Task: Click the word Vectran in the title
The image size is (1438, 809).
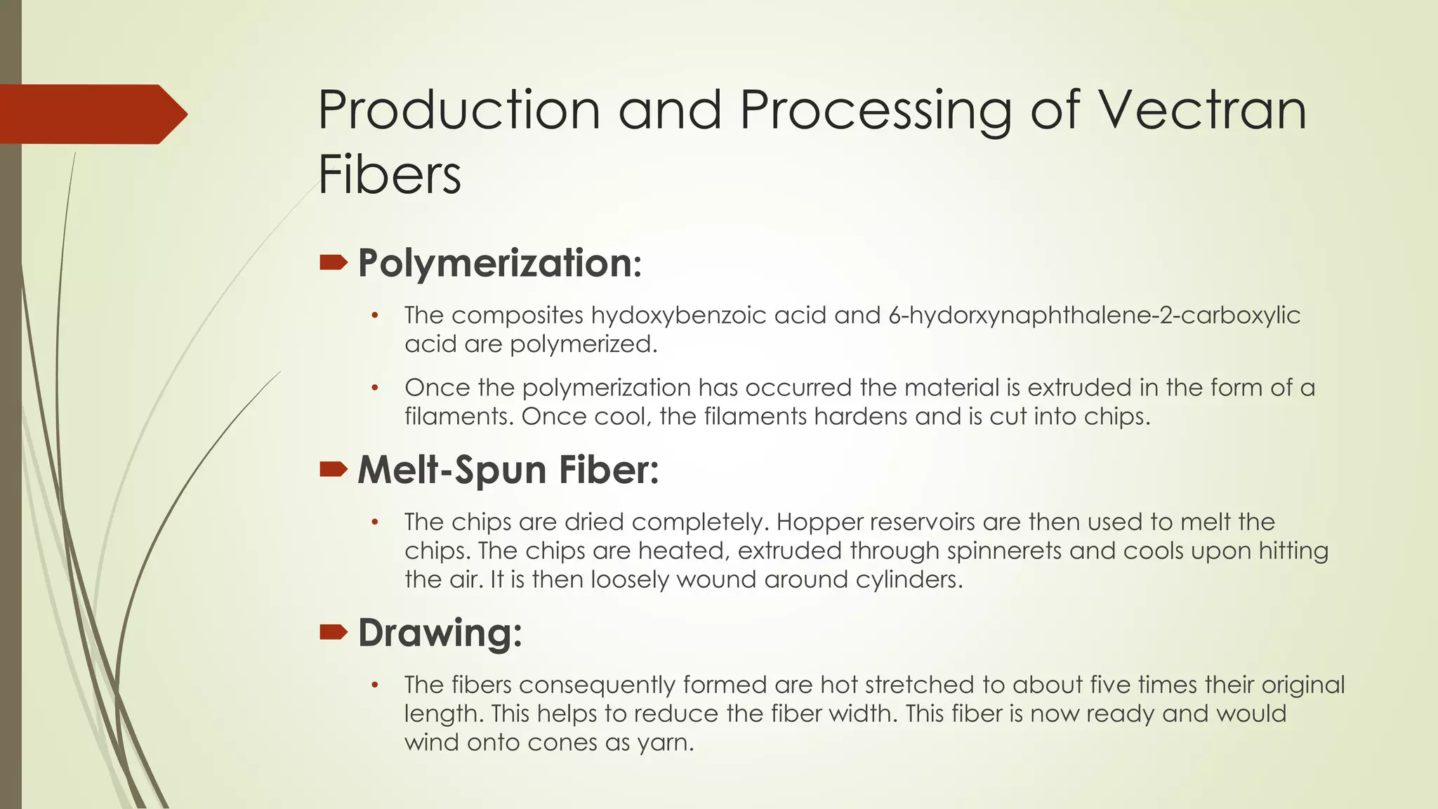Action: [1201, 110]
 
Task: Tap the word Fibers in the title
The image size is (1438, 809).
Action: [390, 174]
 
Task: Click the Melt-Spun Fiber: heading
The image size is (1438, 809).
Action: [508, 469]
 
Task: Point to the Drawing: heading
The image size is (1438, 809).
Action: [440, 632]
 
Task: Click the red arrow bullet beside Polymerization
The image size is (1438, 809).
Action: [334, 263]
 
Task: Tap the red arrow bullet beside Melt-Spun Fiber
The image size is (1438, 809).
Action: [334, 469]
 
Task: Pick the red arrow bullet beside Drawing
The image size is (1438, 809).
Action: [334, 633]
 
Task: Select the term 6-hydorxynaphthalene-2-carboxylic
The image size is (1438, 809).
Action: [1094, 315]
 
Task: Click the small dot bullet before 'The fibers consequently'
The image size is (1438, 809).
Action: [375, 685]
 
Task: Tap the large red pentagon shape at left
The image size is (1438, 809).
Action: [91, 114]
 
